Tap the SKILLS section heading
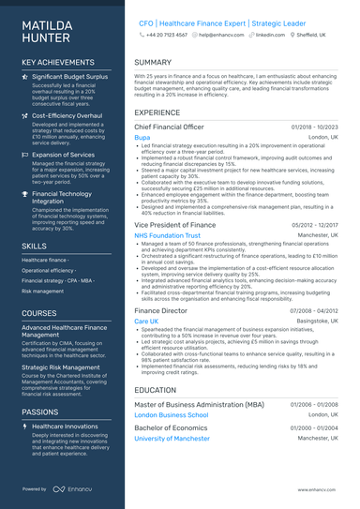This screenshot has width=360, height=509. [34, 245]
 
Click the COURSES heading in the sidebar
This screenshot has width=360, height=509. [39, 313]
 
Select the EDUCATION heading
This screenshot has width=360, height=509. [156, 390]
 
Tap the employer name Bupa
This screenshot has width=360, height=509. [142, 137]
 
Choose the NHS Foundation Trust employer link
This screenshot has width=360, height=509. [168, 236]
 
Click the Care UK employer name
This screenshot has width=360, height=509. [146, 321]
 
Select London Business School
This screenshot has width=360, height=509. [172, 414]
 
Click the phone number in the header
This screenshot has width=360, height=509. [168, 34]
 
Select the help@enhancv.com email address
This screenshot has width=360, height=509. [218, 34]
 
